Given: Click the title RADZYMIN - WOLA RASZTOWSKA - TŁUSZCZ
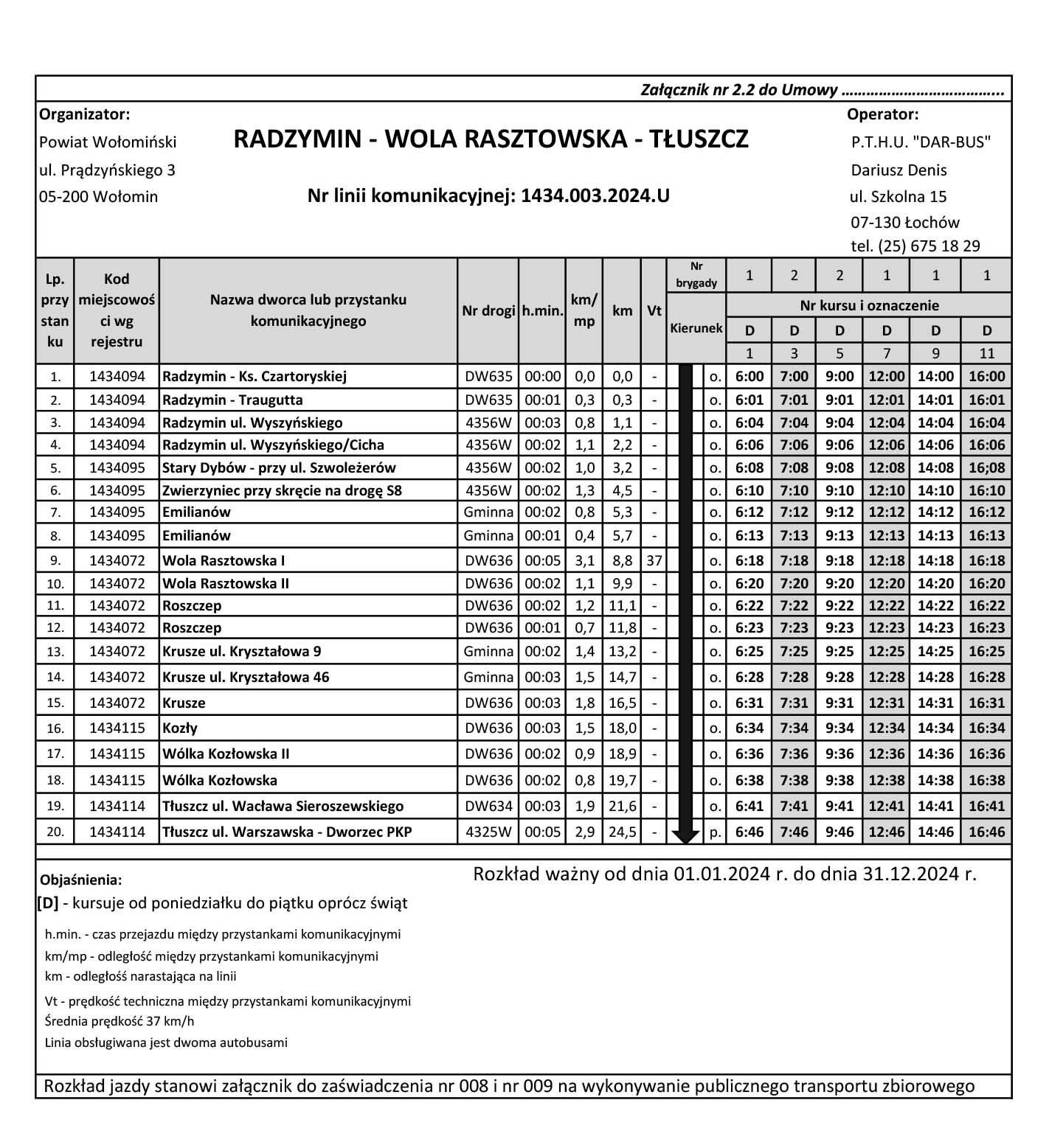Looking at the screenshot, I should pyautogui.click(x=491, y=139).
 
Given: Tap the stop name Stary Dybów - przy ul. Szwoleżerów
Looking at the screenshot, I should pyautogui.click(x=279, y=467).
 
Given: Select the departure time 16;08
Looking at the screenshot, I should pyautogui.click(x=986, y=467).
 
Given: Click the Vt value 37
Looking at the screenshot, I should pyautogui.click(x=654, y=560).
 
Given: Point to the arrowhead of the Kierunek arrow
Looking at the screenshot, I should pyautogui.click(x=685, y=836).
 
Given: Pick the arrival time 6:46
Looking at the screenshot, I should pyautogui.click(x=749, y=832).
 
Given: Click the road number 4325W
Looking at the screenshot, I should pyautogui.click(x=488, y=832).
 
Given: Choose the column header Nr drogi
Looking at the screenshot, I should pyautogui.click(x=488, y=311).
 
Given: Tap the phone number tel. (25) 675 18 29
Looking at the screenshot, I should pyautogui.click(x=915, y=246).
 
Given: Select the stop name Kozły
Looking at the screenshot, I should pyautogui.click(x=180, y=728).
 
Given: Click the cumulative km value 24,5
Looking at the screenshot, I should pyautogui.click(x=622, y=832).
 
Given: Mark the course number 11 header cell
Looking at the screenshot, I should pyautogui.click(x=986, y=353).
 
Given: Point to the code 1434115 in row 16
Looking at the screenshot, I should pyautogui.click(x=117, y=728).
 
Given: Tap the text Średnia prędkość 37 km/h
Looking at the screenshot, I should pyautogui.click(x=120, y=1022).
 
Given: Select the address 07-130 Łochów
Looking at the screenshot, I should pyautogui.click(x=905, y=222).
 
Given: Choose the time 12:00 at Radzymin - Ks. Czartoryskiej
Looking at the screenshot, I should pyautogui.click(x=886, y=376).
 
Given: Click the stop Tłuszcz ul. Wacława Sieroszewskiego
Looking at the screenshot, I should pyautogui.click(x=283, y=806).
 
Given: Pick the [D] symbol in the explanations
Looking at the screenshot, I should pyautogui.click(x=48, y=903).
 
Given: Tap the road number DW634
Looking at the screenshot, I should pyautogui.click(x=488, y=806).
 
